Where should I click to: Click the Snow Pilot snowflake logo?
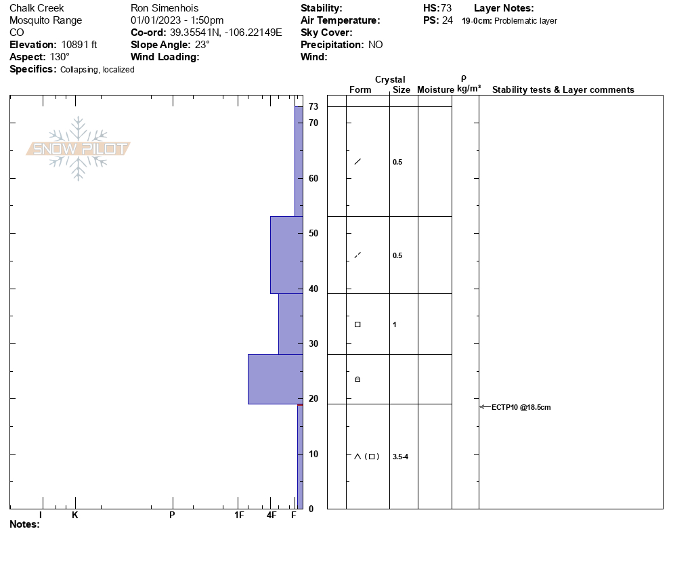coord(78,148)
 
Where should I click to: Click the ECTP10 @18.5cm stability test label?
coord(521,407)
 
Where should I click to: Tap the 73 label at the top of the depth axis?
coord(313,106)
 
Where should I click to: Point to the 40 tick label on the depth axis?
coord(313,289)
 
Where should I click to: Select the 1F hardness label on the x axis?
coord(239,515)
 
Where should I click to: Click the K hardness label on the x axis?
coord(74,515)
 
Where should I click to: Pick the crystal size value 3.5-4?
coord(400,457)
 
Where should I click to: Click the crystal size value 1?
coord(395,324)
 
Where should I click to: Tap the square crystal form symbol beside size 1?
coord(357,324)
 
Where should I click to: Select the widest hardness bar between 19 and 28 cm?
coord(276,379)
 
